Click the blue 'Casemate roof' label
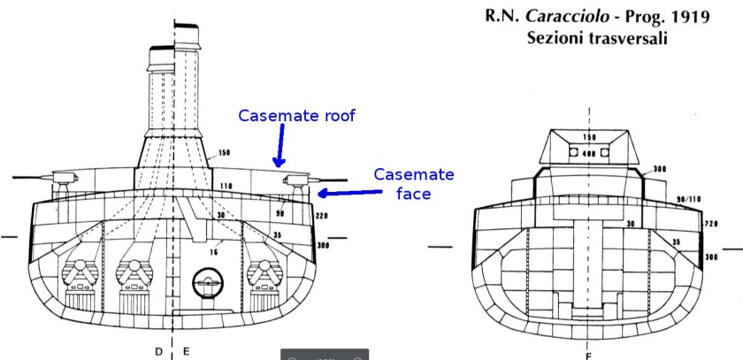[296, 116]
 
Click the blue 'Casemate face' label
[413, 183]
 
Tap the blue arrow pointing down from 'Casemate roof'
[280, 146]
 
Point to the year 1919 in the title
[686, 17]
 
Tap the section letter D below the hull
[159, 351]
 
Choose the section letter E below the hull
[186, 351]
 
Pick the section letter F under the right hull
[589, 354]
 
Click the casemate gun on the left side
[63, 180]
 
